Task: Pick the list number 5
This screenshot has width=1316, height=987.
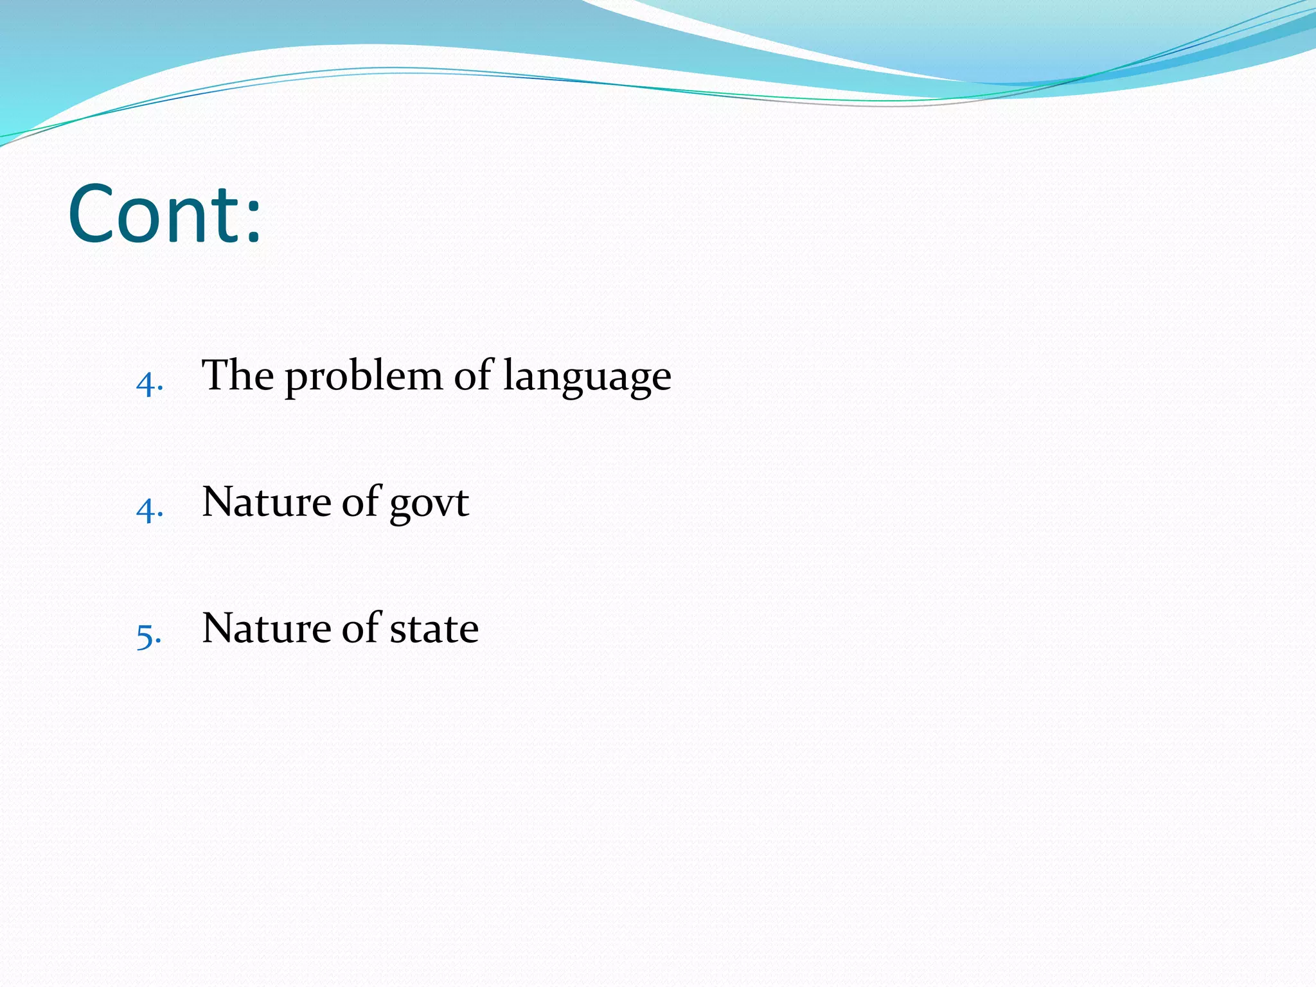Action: [x=145, y=636]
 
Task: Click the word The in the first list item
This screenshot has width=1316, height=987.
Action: [x=238, y=375]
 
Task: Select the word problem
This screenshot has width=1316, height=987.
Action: [x=364, y=378]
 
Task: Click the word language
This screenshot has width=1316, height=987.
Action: [x=587, y=378]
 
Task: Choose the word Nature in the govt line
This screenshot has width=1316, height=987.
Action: [x=266, y=502]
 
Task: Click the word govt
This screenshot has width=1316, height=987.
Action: [x=429, y=504]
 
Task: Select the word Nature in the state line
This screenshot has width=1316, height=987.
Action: [x=266, y=628]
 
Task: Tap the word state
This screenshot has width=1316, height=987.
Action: [x=434, y=630]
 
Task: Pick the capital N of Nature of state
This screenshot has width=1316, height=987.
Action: [x=217, y=628]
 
